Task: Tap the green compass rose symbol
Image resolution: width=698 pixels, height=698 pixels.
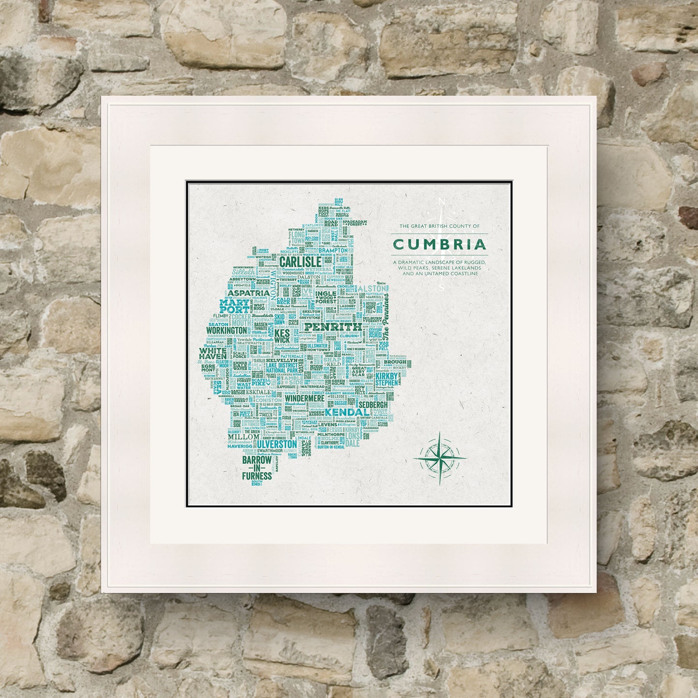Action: (440, 457)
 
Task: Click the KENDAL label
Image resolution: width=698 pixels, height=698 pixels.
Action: (347, 413)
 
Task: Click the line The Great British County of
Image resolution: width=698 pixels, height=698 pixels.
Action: (439, 226)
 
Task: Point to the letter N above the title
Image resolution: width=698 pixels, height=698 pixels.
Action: (440, 201)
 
